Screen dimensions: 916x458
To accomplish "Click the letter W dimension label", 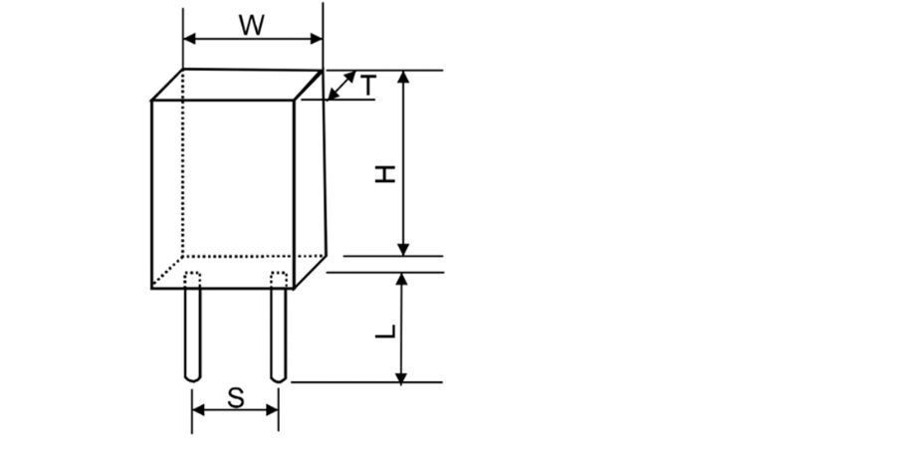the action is coord(252,25).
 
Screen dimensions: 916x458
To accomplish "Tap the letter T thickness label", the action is coord(368,86).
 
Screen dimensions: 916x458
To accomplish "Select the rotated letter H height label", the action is coord(385,174).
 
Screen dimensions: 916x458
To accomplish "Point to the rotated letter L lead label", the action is coord(385,332).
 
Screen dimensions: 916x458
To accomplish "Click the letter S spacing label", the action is coord(235,398).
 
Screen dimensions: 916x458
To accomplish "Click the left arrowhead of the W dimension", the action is coord(189,39).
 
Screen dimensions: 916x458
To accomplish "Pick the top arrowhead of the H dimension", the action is coord(403,77).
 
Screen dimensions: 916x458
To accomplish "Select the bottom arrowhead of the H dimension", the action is coord(403,250).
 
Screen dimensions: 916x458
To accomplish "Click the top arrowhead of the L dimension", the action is coord(401,279).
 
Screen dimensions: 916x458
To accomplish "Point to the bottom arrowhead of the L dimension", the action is coord(401,376).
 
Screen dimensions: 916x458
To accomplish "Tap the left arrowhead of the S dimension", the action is coord(198,409).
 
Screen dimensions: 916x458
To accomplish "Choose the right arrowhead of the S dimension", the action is coord(272,409).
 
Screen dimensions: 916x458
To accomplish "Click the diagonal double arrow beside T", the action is coord(342,86).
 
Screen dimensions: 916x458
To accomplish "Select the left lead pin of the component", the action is coord(193,328).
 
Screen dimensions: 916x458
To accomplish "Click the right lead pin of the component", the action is coord(279,328).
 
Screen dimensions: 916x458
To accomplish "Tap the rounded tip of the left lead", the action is coord(193,378).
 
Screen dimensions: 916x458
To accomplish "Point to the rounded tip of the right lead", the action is coord(279,378).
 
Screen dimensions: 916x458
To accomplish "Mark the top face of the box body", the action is coord(237,85).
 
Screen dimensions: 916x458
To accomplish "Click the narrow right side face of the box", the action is coord(309,179).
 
